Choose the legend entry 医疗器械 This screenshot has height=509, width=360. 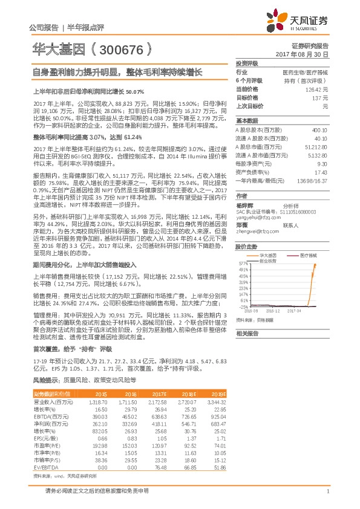pos(307,256)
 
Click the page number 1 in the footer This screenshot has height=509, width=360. pos(327,491)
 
